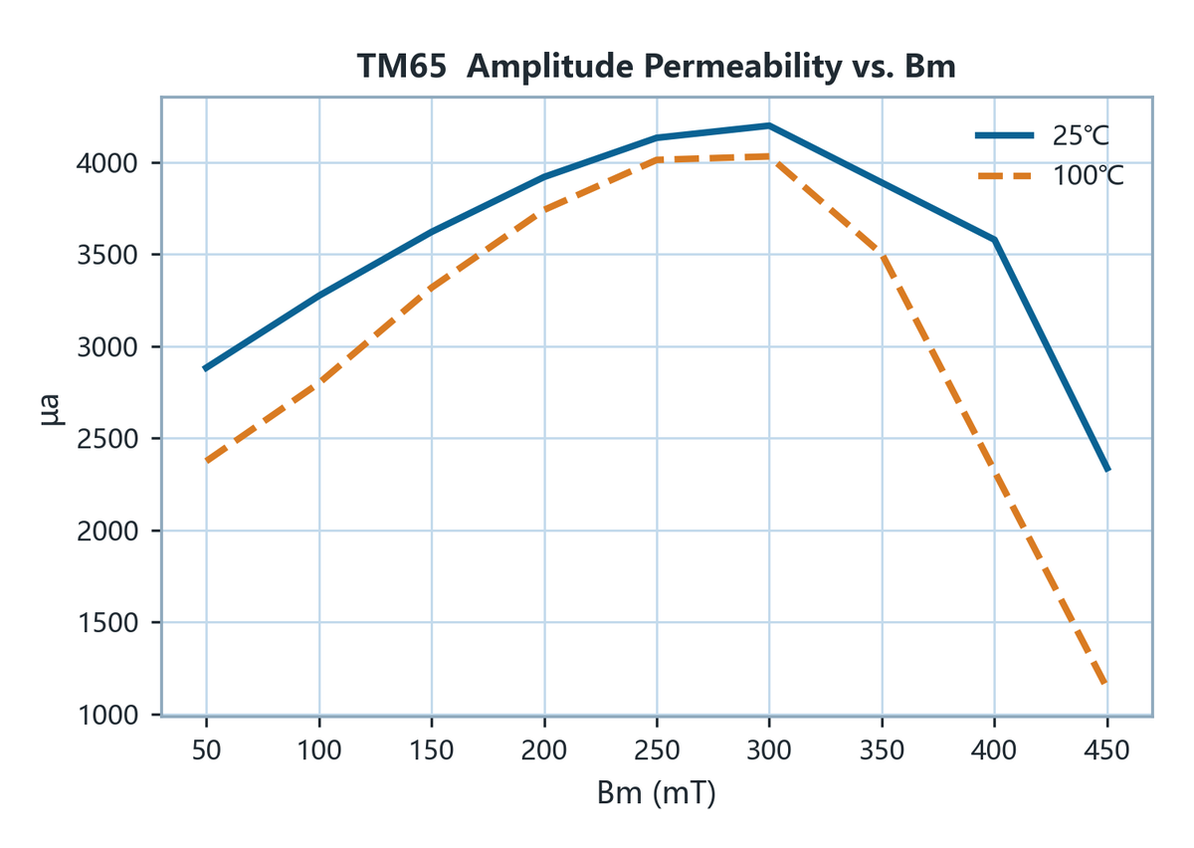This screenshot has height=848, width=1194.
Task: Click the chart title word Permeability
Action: click(x=742, y=67)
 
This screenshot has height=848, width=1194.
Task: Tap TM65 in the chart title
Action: click(x=401, y=67)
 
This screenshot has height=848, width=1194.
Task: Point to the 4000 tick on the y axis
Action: click(x=107, y=162)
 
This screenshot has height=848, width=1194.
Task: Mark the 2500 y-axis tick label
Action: click(x=107, y=439)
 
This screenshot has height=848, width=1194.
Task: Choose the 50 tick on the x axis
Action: click(x=206, y=750)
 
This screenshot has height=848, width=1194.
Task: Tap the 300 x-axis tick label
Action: click(x=769, y=750)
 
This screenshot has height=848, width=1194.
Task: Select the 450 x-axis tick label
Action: click(x=1107, y=750)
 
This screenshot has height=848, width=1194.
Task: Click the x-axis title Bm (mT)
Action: click(x=656, y=793)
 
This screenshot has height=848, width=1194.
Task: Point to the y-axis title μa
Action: click(x=52, y=410)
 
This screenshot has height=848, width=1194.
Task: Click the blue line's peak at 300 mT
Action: click(x=769, y=125)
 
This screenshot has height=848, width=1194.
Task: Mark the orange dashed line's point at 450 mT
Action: click(x=1107, y=684)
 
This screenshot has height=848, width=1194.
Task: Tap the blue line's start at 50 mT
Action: click(x=206, y=368)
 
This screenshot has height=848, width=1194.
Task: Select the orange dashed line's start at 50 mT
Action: click(x=206, y=461)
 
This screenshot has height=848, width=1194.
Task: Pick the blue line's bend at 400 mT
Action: click(x=995, y=240)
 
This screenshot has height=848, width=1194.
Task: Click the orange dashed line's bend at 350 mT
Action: click(x=883, y=254)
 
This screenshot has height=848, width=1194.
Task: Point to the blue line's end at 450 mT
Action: click(x=1107, y=470)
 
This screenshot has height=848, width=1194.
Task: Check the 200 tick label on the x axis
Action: click(x=543, y=750)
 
